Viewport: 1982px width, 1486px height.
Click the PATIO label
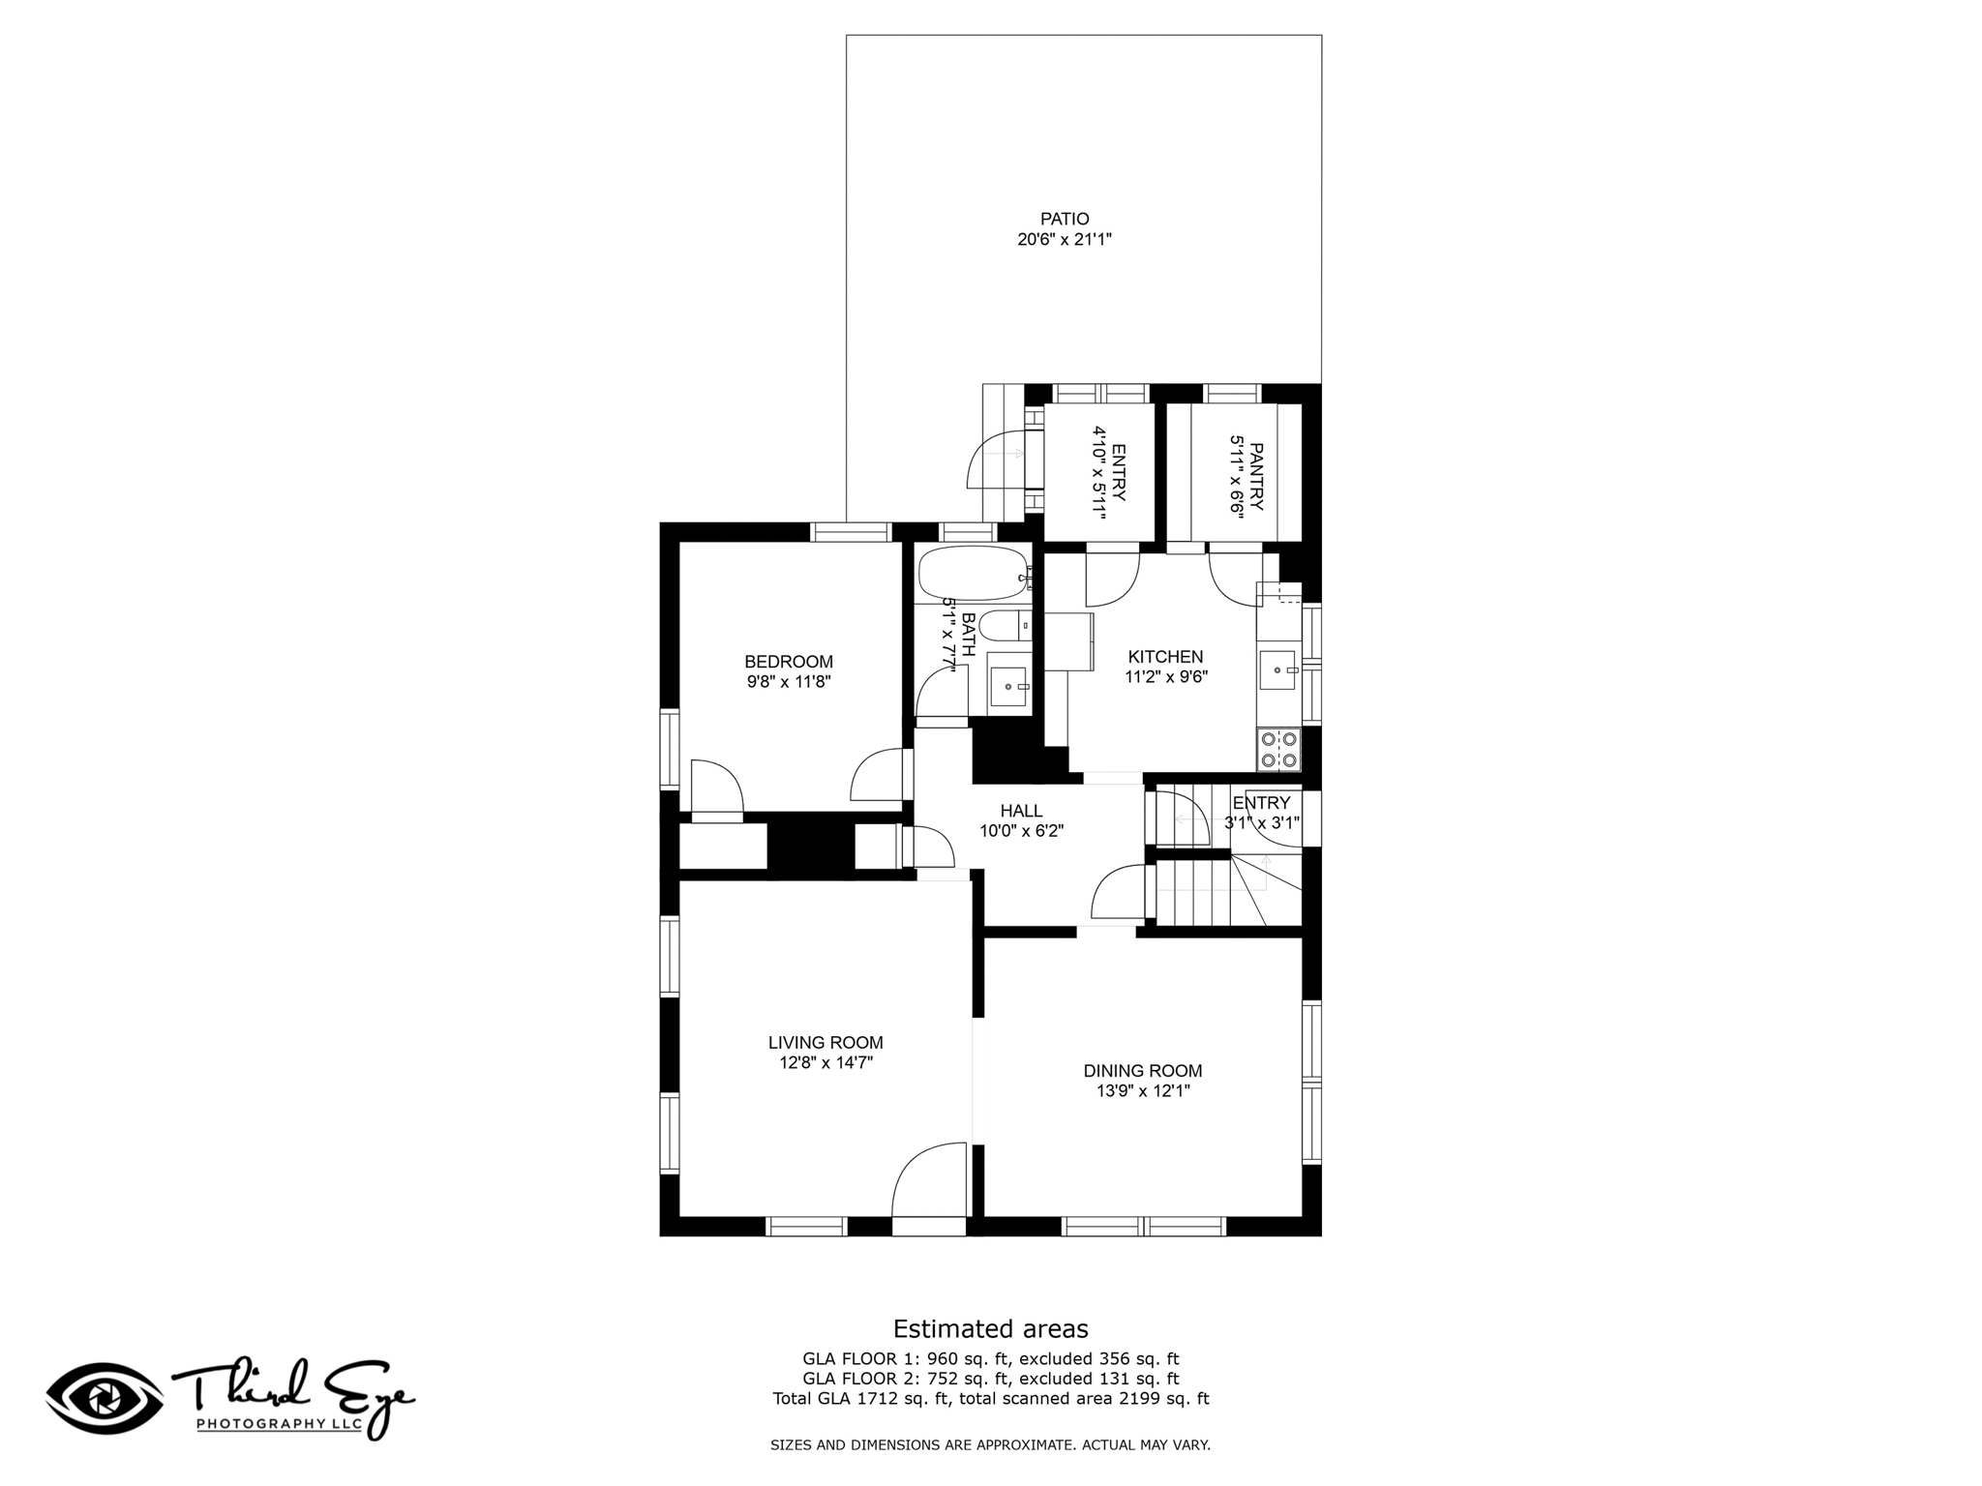point(1065,219)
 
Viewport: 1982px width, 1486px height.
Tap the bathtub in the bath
point(974,575)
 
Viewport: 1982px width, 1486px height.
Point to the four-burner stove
point(1278,750)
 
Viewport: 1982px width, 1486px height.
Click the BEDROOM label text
point(789,662)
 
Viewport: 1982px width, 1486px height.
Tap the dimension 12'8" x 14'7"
point(826,1062)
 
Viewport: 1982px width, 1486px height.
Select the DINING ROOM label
point(1143,1071)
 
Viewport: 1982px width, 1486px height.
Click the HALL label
point(1022,811)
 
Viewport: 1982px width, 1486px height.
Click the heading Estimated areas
point(990,1328)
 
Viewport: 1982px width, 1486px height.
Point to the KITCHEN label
point(1165,657)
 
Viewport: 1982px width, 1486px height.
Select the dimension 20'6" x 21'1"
point(1065,239)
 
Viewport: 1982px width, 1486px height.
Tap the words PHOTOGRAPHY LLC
point(279,1424)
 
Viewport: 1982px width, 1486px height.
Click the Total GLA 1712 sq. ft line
point(990,1398)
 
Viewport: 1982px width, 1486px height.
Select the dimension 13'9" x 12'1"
point(1143,1091)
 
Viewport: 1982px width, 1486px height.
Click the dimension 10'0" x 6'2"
point(1022,830)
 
